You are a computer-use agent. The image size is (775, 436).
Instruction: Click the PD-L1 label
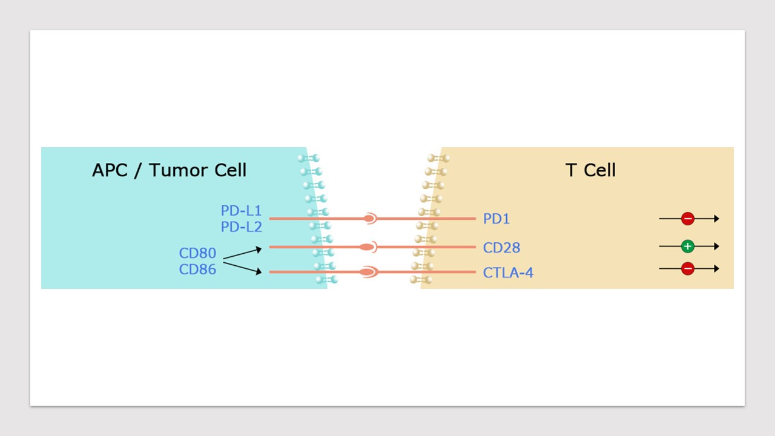pos(241,210)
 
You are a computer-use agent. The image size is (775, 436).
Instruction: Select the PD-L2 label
pos(241,227)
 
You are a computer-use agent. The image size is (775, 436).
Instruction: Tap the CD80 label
pos(197,253)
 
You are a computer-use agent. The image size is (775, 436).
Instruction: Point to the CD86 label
pos(197,269)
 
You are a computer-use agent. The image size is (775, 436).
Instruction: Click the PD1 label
pos(496,219)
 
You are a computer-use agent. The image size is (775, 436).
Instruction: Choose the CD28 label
pos(502,248)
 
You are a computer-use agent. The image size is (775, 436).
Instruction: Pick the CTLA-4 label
pos(508,272)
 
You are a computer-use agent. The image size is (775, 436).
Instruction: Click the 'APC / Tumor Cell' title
pos(169,170)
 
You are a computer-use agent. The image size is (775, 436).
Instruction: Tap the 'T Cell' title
pos(590,170)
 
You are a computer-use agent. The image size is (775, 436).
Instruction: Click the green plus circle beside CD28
pos(688,246)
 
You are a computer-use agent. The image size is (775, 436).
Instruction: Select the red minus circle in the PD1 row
pos(688,219)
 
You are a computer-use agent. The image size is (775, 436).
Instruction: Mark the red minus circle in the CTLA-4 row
pos(688,268)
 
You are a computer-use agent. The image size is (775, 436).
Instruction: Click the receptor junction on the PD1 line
pos(370,219)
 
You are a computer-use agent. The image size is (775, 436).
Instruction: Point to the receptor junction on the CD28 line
pos(368,247)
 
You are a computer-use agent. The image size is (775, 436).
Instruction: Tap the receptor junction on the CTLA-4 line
pos(369,272)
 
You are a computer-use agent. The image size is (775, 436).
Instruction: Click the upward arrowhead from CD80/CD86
pos(259,249)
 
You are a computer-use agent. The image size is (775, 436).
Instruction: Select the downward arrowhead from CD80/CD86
pos(259,272)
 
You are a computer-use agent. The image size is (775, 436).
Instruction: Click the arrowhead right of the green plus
pos(716,246)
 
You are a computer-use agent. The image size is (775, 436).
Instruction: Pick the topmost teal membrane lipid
pos(309,158)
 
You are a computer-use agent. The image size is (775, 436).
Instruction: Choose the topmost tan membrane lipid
pos(439,158)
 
